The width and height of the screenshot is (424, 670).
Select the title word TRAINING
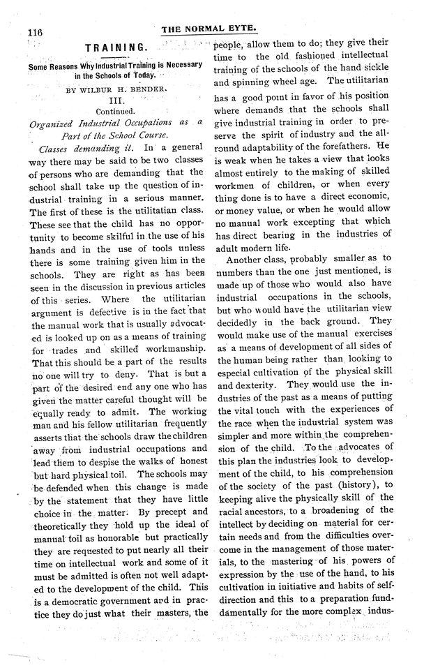[116, 47]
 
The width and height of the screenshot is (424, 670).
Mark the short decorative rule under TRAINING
[116, 57]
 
